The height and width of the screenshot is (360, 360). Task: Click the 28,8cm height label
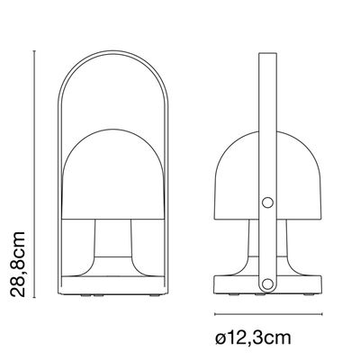[x=17, y=264]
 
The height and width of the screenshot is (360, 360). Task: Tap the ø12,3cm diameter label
[x=253, y=337]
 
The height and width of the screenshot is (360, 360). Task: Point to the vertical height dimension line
[x=34, y=174]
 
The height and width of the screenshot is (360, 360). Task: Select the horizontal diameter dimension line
[x=268, y=314]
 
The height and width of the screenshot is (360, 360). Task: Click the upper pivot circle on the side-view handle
[x=267, y=202]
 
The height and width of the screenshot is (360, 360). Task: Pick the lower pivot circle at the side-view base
[x=266, y=283]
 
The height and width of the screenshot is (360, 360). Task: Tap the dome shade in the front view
[x=112, y=174]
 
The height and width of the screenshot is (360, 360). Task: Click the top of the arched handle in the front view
[x=112, y=52]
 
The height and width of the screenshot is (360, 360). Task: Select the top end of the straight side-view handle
[x=267, y=54]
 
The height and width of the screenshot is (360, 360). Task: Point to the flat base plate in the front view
[x=112, y=285]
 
